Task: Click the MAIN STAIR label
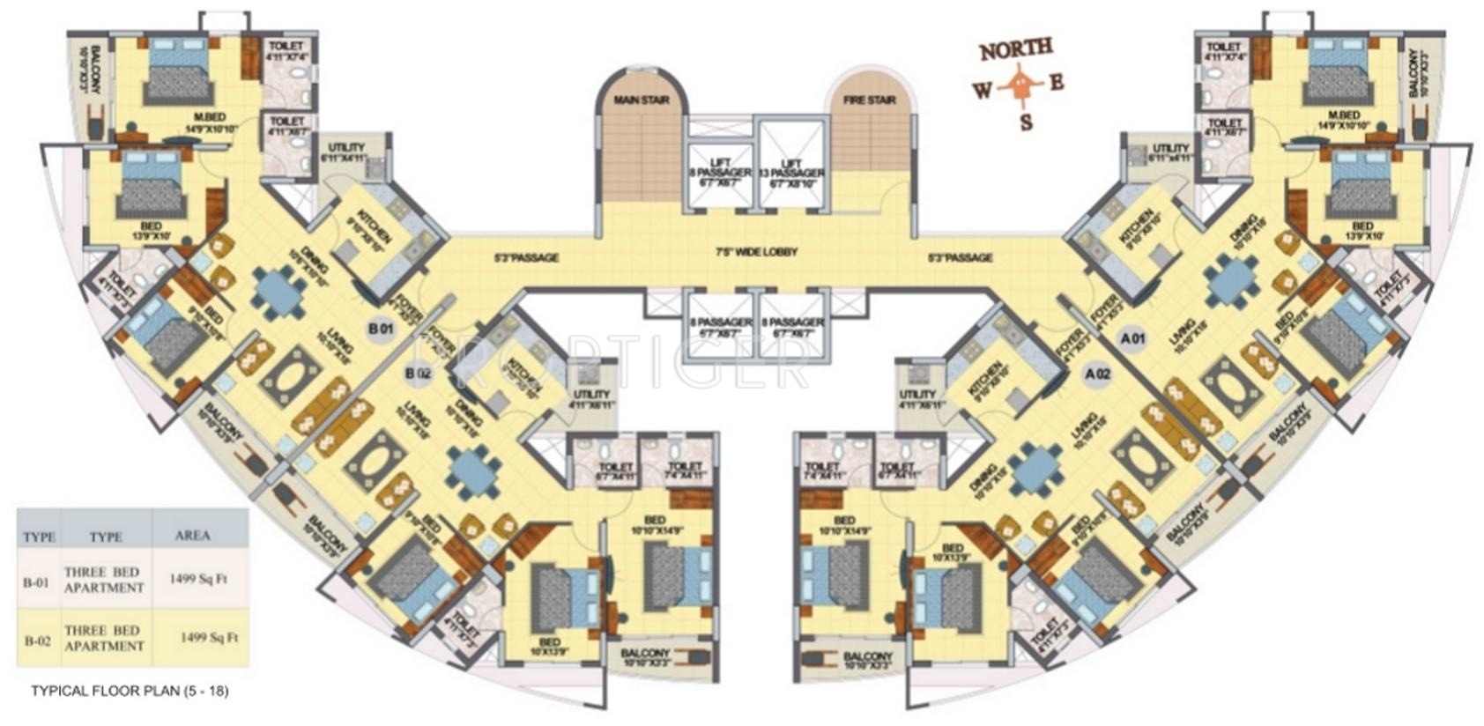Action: tap(642, 100)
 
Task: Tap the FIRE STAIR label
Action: tap(869, 100)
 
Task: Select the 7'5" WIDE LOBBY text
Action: tap(756, 252)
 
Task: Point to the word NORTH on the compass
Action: tap(1015, 50)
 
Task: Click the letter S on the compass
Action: tap(1026, 122)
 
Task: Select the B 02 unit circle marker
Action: tap(419, 374)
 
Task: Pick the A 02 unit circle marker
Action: tap(1097, 374)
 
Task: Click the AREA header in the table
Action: tap(192, 535)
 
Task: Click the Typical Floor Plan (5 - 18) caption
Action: tap(130, 691)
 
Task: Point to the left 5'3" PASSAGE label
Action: tap(526, 258)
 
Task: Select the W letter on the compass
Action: tap(982, 91)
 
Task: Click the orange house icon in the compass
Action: tap(1020, 85)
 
